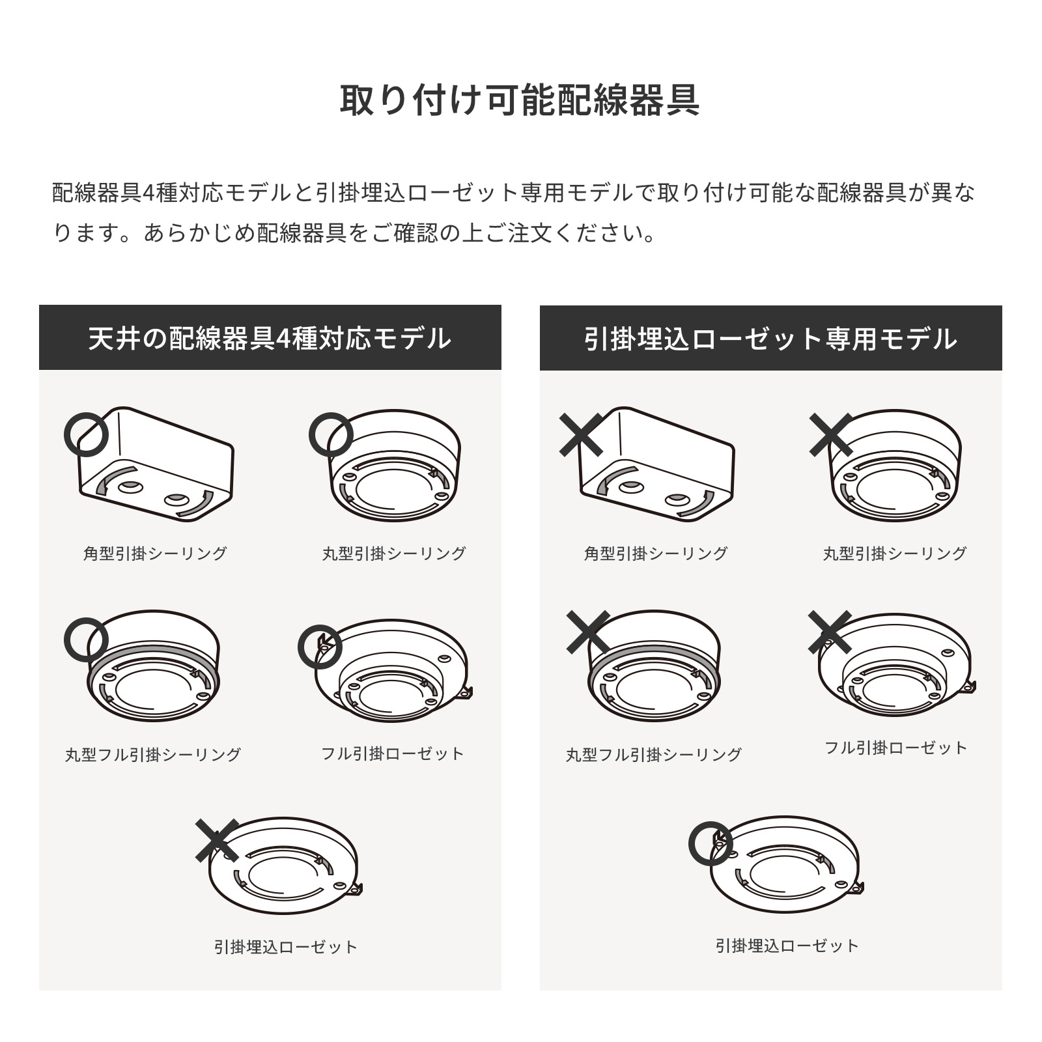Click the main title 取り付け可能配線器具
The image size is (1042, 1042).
(520, 100)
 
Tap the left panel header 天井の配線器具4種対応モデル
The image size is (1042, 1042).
(270, 339)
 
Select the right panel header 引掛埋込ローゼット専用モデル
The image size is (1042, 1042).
(770, 339)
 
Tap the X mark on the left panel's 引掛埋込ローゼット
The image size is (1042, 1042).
(217, 840)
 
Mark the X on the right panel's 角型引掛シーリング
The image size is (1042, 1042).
(582, 434)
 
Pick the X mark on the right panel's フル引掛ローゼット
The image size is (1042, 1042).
(830, 632)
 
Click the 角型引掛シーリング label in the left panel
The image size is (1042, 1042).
(155, 554)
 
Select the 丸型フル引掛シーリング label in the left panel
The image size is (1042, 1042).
(153, 755)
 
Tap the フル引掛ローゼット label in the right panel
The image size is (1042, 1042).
(896, 748)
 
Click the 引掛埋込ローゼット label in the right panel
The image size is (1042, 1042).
(787, 946)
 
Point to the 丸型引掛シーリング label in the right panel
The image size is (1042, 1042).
(895, 554)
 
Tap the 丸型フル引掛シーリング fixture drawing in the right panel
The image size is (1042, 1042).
(654, 666)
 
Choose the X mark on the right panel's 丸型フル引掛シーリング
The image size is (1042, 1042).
(588, 632)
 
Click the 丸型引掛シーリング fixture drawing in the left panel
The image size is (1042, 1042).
(395, 465)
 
